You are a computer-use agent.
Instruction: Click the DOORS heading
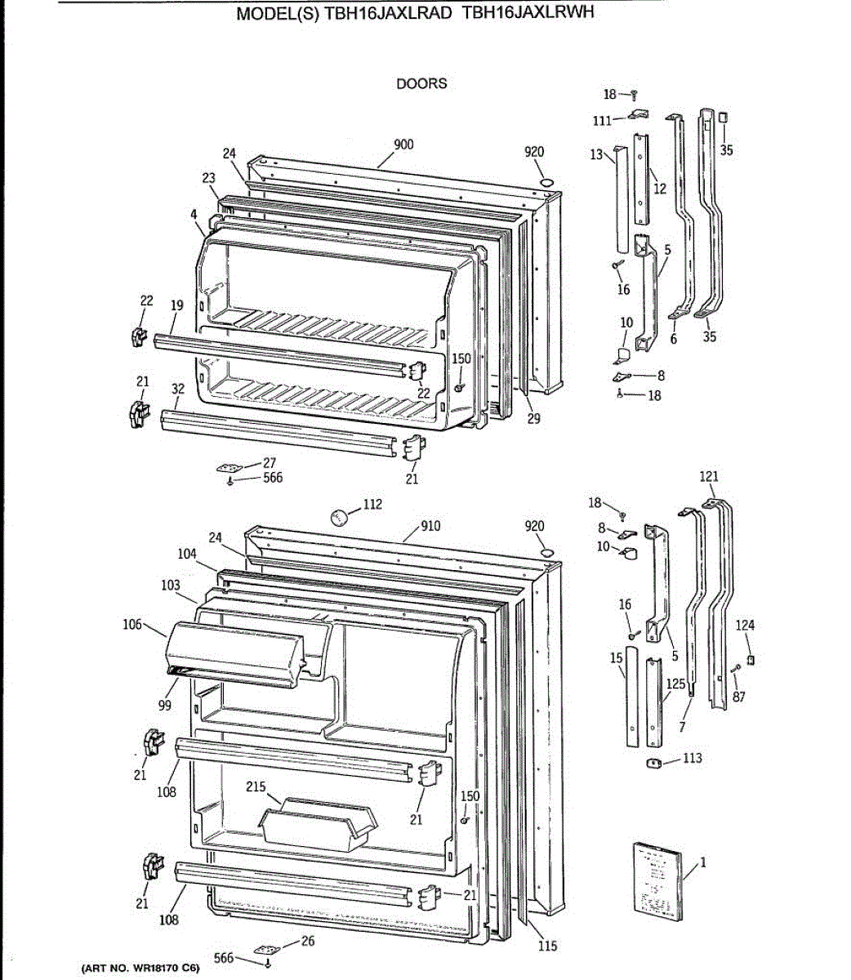(421, 83)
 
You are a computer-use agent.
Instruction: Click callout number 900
(403, 145)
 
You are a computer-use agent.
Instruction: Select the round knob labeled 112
(338, 517)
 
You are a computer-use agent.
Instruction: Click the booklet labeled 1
(656, 882)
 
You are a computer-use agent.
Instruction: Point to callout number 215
(256, 786)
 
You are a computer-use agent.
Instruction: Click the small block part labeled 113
(653, 764)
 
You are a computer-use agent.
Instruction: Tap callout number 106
(132, 625)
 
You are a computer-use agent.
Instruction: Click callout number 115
(547, 946)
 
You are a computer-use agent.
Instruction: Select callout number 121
(709, 476)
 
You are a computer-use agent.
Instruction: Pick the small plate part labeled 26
(265, 950)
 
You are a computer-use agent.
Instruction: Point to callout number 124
(745, 626)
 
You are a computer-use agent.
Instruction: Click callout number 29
(533, 419)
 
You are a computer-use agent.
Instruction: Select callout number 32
(178, 390)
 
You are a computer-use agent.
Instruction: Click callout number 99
(165, 705)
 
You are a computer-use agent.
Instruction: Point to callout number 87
(738, 697)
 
